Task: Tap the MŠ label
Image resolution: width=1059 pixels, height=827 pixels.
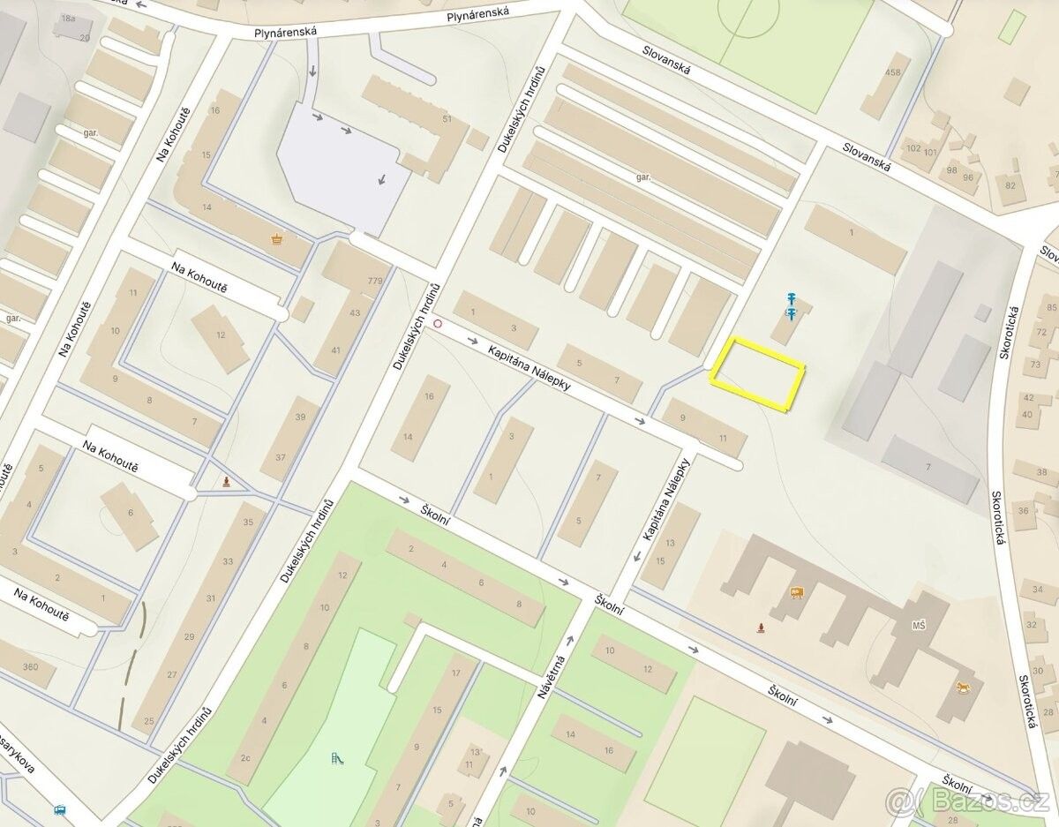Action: [919, 627]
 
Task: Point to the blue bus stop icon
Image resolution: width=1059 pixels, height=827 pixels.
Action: [60, 808]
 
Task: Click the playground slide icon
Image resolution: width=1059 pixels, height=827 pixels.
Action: [335, 758]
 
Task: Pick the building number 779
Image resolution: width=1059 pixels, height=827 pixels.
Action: [375, 282]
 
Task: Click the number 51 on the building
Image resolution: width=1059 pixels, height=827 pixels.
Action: [447, 119]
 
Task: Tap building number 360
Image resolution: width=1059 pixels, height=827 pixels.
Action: [30, 667]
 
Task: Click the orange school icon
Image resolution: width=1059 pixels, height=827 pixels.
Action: [797, 592]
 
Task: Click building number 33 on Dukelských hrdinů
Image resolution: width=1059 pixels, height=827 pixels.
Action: [228, 561]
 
